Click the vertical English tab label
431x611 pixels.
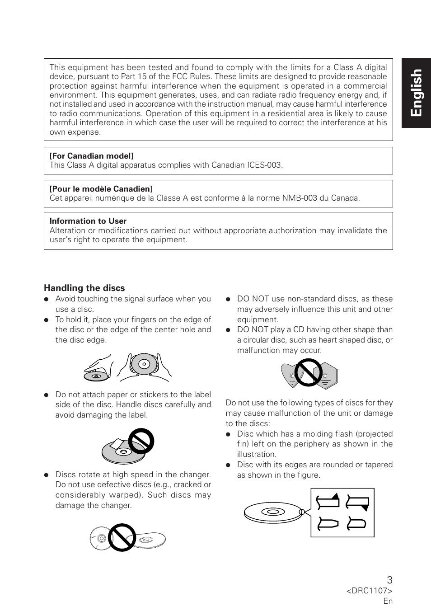click(416, 93)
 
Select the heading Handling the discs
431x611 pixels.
click(84, 288)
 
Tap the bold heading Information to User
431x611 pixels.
click(88, 221)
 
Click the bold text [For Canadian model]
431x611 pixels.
click(91, 156)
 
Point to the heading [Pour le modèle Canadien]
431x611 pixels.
click(101, 189)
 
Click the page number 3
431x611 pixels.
click(389, 580)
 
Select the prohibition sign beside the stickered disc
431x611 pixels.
click(141, 441)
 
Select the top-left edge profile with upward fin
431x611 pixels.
click(328, 502)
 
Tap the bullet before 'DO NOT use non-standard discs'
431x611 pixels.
click(228, 299)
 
